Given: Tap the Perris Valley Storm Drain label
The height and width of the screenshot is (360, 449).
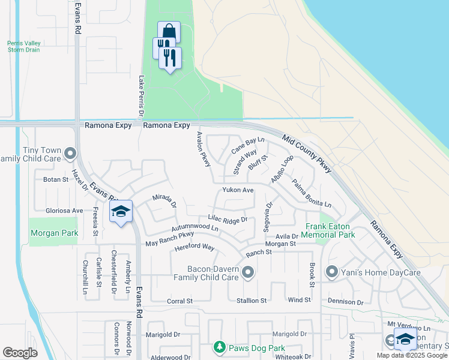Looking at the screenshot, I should [x=25, y=47].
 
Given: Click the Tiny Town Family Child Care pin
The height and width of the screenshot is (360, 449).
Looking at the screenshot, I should [x=71, y=154].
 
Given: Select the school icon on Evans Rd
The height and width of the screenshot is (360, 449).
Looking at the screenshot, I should [x=121, y=212].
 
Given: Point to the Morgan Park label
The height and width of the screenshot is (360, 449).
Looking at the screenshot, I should [x=53, y=233].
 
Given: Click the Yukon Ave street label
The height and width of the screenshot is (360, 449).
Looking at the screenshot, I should [x=238, y=190].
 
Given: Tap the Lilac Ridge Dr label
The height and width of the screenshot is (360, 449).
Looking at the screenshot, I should [x=228, y=220].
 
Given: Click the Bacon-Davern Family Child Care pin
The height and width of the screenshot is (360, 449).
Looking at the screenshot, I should [x=249, y=274].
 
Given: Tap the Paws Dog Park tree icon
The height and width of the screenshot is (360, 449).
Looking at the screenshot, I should [x=220, y=347].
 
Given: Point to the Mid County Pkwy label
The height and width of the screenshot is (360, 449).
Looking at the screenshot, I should [x=306, y=153].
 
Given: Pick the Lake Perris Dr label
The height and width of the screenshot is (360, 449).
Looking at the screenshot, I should [x=142, y=96].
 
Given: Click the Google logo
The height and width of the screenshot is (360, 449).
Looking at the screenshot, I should [x=20, y=353].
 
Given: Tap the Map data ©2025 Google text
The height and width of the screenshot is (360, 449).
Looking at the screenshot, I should [x=412, y=355].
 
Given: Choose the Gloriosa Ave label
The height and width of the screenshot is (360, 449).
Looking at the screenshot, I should [x=64, y=211].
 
